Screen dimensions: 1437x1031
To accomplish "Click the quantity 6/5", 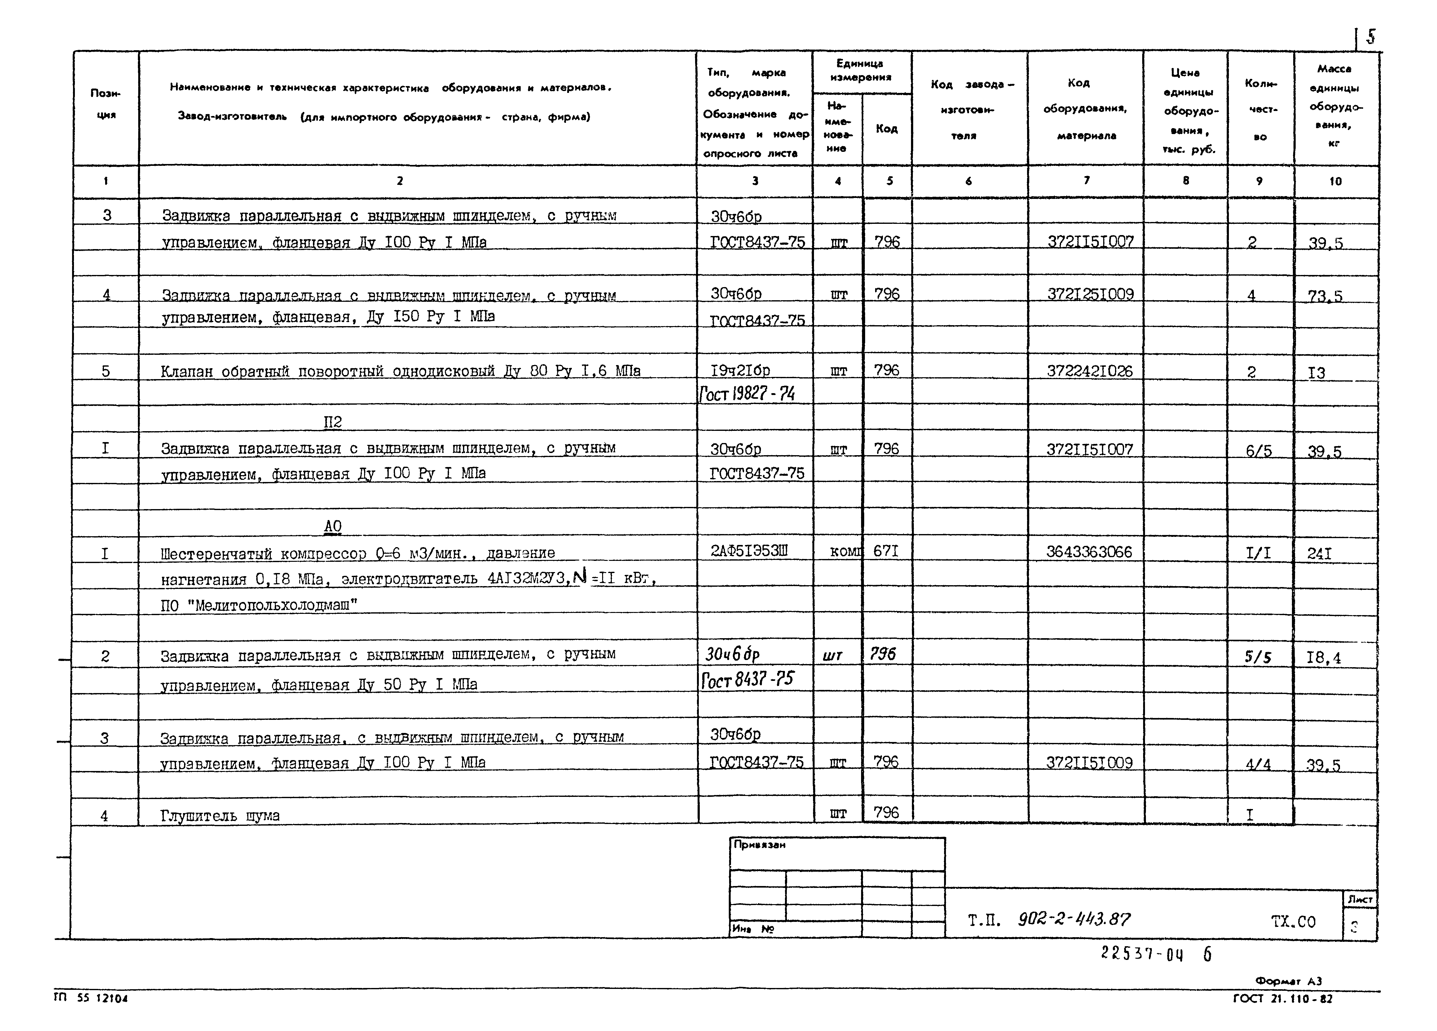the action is pos(1258,451).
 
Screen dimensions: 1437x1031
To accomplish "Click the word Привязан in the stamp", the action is pos(759,845).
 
